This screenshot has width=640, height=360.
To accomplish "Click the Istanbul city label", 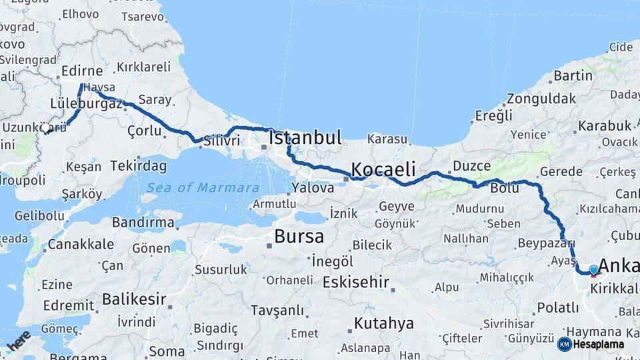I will click(x=305, y=138).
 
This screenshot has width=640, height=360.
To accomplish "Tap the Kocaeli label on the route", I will click(x=383, y=168).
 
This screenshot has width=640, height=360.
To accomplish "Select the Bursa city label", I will click(x=299, y=236).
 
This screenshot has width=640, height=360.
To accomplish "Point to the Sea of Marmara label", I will click(x=203, y=187).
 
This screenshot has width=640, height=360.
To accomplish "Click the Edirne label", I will click(x=81, y=71).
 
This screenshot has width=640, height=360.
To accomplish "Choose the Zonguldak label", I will click(x=541, y=98).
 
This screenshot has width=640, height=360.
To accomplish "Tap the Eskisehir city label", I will click(x=355, y=282).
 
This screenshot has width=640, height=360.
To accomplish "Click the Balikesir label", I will click(x=134, y=299).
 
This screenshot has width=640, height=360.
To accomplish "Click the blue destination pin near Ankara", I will click(x=593, y=270).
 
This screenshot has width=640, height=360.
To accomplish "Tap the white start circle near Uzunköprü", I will click(x=45, y=128).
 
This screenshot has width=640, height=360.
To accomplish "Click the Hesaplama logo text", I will click(x=599, y=345).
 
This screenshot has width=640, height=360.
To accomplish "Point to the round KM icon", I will click(x=564, y=344).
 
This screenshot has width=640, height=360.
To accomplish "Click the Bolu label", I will click(x=504, y=188).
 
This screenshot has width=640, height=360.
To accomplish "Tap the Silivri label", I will click(x=223, y=141).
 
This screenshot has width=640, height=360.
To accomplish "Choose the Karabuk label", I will click(x=605, y=125).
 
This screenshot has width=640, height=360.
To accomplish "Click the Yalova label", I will click(x=312, y=188).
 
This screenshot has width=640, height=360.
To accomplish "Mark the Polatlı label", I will click(x=558, y=307).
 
